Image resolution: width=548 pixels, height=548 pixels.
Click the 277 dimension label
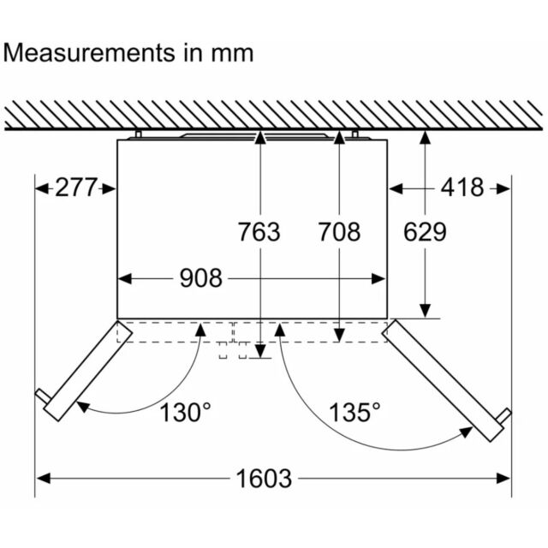point(75,188)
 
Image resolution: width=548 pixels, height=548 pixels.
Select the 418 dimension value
point(462,188)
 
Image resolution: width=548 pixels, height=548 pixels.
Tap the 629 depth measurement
point(425,232)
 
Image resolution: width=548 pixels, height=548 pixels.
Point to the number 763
point(259,232)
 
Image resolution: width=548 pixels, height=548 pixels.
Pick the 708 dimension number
point(339,232)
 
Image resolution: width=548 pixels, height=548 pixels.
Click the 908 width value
point(201,278)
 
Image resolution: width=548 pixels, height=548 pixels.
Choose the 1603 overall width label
point(264,479)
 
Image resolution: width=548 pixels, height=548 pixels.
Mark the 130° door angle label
point(185,412)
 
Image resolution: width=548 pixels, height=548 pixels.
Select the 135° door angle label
point(354,412)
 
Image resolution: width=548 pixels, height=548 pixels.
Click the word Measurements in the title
point(89,53)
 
